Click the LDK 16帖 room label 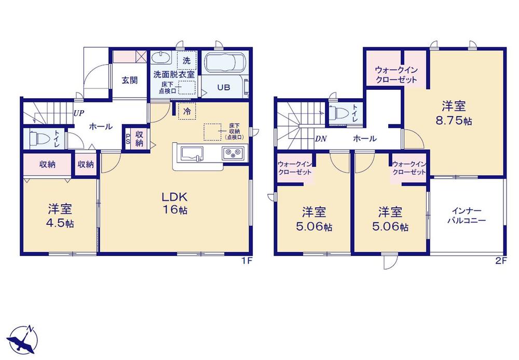tap(174, 203)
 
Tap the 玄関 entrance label tap(129, 80)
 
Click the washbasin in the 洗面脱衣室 tap(161, 58)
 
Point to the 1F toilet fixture tap(34, 138)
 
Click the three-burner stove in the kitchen tap(234, 153)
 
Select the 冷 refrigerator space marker tap(187, 111)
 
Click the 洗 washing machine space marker tap(187, 60)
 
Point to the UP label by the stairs tap(79, 113)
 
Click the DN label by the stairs tap(321, 139)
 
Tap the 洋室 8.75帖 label tap(454, 113)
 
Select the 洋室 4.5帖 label tap(60, 216)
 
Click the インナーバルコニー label tap(467, 215)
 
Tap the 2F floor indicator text tap(501, 261)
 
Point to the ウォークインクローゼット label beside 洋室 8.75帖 tap(396, 75)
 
